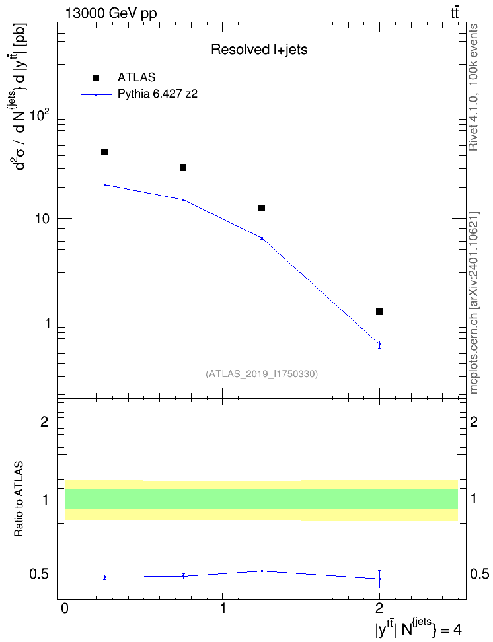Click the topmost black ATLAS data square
[x=104, y=152]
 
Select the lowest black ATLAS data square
[x=379, y=312]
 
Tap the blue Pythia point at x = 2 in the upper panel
[x=379, y=344]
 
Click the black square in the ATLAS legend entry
[x=96, y=78]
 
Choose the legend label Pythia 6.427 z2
[x=157, y=94]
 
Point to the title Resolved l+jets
[x=259, y=50]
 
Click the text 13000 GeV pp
[x=111, y=13]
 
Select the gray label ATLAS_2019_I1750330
[x=262, y=374]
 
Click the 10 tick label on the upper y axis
[x=42, y=219]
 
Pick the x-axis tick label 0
[x=65, y=608]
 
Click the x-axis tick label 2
[x=379, y=608]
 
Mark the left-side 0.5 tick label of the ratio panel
[x=39, y=575]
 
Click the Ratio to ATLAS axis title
[x=19, y=499]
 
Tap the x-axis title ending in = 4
[x=419, y=629]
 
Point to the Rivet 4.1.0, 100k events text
[x=473, y=87]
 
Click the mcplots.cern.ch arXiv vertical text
[x=473, y=303]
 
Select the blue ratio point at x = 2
[x=379, y=579]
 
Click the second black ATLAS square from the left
[x=183, y=168]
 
